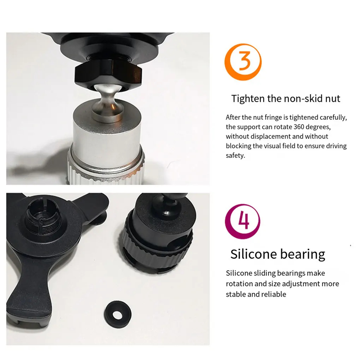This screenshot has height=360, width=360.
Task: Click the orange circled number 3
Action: tap(243, 62)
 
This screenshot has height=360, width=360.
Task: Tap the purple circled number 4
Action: tap(243, 221)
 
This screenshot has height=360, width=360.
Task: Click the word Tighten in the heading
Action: tap(248, 99)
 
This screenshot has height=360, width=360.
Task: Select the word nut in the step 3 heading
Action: tap(333, 99)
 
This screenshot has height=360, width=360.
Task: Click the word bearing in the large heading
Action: tap(303, 255)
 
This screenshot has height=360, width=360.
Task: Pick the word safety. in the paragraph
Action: tap(235, 156)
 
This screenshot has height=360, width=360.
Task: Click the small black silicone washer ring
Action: tap(118, 314)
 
